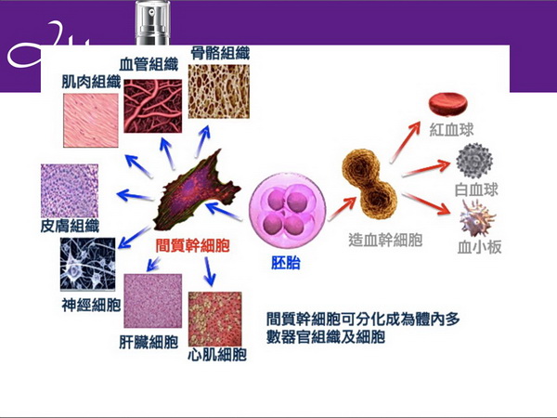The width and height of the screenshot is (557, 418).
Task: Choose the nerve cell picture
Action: coord(88,265)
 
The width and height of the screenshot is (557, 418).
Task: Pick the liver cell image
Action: coord(150,301)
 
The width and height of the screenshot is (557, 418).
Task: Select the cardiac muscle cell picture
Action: coord(214,319)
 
